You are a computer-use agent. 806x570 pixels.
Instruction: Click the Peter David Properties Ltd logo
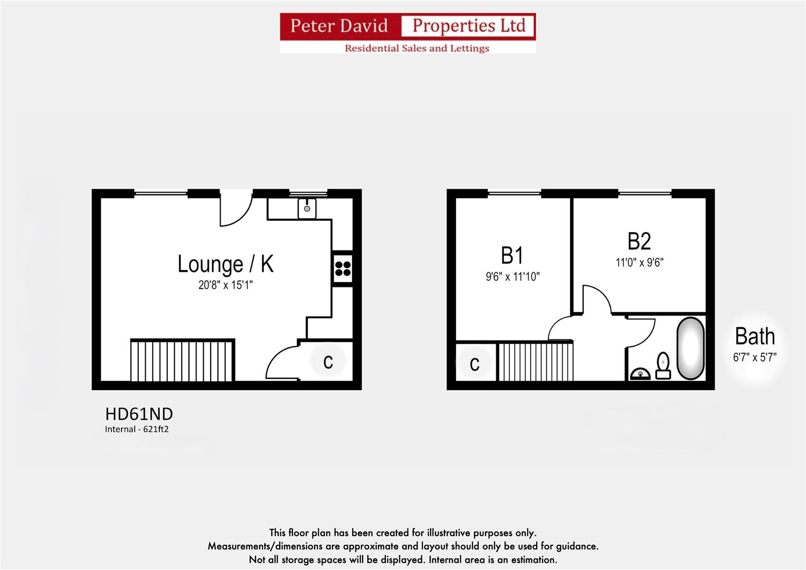tap(407, 33)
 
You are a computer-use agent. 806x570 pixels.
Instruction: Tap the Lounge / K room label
tap(225, 264)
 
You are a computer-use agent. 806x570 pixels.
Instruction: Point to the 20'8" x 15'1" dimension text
tap(225, 285)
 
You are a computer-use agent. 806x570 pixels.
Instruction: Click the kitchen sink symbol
tap(307, 208)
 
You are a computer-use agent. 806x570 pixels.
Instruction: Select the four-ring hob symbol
tap(343, 269)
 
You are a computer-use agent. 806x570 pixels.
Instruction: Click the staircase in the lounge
tap(182, 360)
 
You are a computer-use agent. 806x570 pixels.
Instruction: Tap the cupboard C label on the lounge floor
tap(328, 362)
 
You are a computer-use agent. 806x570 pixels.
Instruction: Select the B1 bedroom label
tap(512, 255)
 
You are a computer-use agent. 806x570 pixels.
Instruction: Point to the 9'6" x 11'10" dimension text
tap(513, 277)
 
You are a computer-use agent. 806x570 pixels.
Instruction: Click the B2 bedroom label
tap(639, 241)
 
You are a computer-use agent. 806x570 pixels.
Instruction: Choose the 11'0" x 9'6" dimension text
tap(639, 262)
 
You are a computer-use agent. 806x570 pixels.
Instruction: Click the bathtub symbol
tap(690, 348)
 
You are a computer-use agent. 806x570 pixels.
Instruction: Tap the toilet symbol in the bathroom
tap(663, 366)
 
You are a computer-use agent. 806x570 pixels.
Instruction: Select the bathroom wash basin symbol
tap(640, 374)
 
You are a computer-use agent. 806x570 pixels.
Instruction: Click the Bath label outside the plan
tap(755, 336)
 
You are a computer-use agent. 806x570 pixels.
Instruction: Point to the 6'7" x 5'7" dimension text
tap(755, 357)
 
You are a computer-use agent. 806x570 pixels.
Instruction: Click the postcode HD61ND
tap(139, 414)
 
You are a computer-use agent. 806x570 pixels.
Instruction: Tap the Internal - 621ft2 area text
tap(137, 429)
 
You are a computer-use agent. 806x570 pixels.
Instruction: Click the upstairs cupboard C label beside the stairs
tap(475, 364)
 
